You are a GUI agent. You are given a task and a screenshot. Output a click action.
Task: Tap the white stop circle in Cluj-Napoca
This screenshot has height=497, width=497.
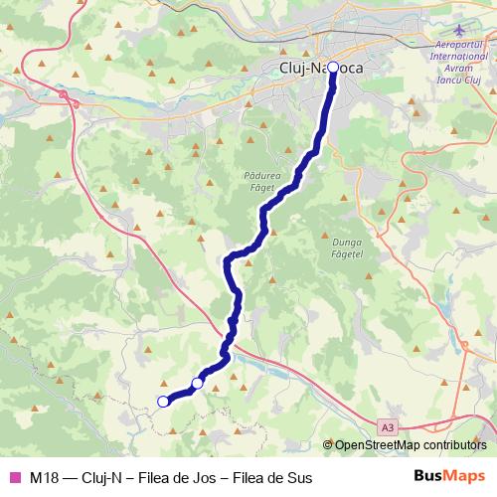pos(333,68)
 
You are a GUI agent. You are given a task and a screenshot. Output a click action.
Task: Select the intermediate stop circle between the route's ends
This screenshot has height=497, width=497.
pos(198,383)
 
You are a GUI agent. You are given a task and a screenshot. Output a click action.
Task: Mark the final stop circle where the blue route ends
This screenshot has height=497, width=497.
pos(163,402)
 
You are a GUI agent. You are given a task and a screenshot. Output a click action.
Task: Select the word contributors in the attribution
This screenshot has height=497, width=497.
pos(455,445)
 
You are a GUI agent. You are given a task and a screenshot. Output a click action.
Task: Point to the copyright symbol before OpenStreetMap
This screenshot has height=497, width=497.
pos(328,445)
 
